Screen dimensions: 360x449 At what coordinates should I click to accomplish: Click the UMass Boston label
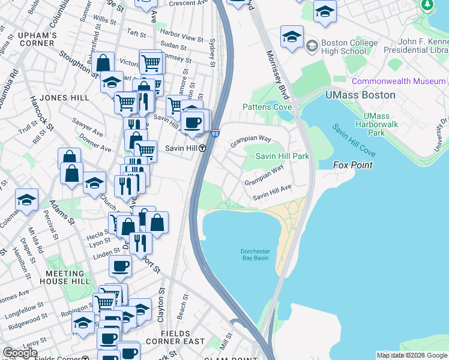[x=360, y=95]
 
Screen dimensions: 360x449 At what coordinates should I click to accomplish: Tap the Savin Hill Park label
[x=282, y=156]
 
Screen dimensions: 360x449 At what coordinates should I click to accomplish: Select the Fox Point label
[x=353, y=165]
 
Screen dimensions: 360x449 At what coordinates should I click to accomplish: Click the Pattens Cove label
[x=266, y=107]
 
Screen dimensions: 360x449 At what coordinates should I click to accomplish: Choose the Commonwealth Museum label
[x=399, y=81]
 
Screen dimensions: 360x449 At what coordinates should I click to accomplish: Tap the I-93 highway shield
[x=215, y=134]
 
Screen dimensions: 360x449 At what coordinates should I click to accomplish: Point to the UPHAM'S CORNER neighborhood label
[x=37, y=40]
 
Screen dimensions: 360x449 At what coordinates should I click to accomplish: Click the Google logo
[x=20, y=353]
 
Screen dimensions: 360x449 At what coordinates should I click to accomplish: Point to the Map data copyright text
[x=412, y=355]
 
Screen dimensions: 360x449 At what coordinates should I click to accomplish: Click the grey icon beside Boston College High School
[x=312, y=46]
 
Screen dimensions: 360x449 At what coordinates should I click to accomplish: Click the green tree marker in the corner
[x=427, y=5]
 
